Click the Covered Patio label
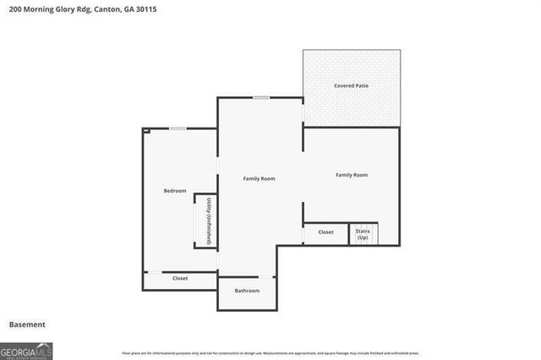pos(352,86)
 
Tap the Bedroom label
pos(174,191)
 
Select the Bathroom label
pos(247,291)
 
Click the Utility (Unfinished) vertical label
pos(208,221)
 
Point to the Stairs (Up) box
pos(363,233)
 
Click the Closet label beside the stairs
pos(325,232)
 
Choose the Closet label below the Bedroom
pos(180,278)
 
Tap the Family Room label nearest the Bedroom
pos(259,178)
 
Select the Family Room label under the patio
pos(351,175)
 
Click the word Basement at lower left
pos(27,325)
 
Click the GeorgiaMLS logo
pos(26,350)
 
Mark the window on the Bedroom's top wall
pos(178,128)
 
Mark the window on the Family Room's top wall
pos(262,98)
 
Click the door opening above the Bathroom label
pos(266,277)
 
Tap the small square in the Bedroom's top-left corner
pos(146,132)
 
